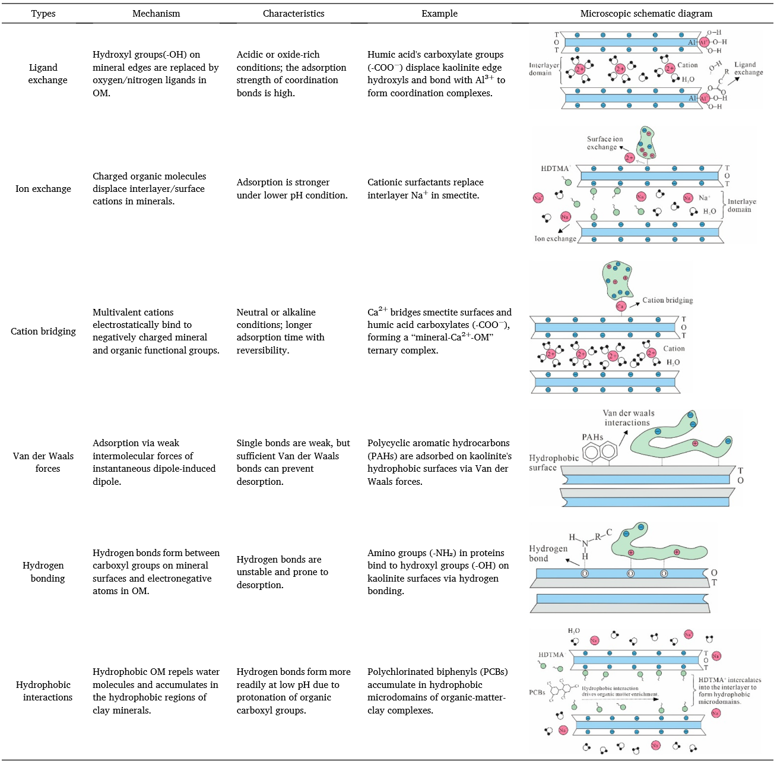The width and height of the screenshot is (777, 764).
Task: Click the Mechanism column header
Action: pos(156,14)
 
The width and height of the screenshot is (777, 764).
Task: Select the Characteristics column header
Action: pos(293,14)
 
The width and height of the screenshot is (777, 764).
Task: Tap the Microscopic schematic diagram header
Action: pos(646,14)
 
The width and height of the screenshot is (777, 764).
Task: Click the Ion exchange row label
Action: pos(43,189)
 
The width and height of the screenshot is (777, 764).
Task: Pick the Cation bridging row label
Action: pos(43,332)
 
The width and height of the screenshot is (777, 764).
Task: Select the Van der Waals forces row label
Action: pos(43,462)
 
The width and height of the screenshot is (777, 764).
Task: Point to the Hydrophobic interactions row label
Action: pos(43,691)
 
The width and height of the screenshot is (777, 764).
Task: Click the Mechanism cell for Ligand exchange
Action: pos(156,74)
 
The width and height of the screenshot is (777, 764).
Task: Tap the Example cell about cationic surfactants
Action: pos(425,189)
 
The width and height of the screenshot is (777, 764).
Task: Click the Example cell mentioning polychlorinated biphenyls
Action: pos(437,691)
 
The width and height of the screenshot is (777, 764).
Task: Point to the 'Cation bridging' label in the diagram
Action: pos(667,301)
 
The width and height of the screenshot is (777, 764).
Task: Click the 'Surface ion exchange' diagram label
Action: pos(604,143)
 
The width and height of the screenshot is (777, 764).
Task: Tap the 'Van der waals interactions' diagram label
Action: pos(628,418)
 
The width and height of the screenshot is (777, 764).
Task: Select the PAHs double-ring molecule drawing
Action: pos(600,453)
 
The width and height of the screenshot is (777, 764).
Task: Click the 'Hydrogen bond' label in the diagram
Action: pos(547,553)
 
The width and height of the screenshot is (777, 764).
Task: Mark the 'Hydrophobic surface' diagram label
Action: pos(553,463)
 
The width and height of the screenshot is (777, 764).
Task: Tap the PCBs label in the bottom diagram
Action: pos(537,693)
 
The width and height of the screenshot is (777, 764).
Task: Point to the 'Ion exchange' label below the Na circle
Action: pos(555,239)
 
